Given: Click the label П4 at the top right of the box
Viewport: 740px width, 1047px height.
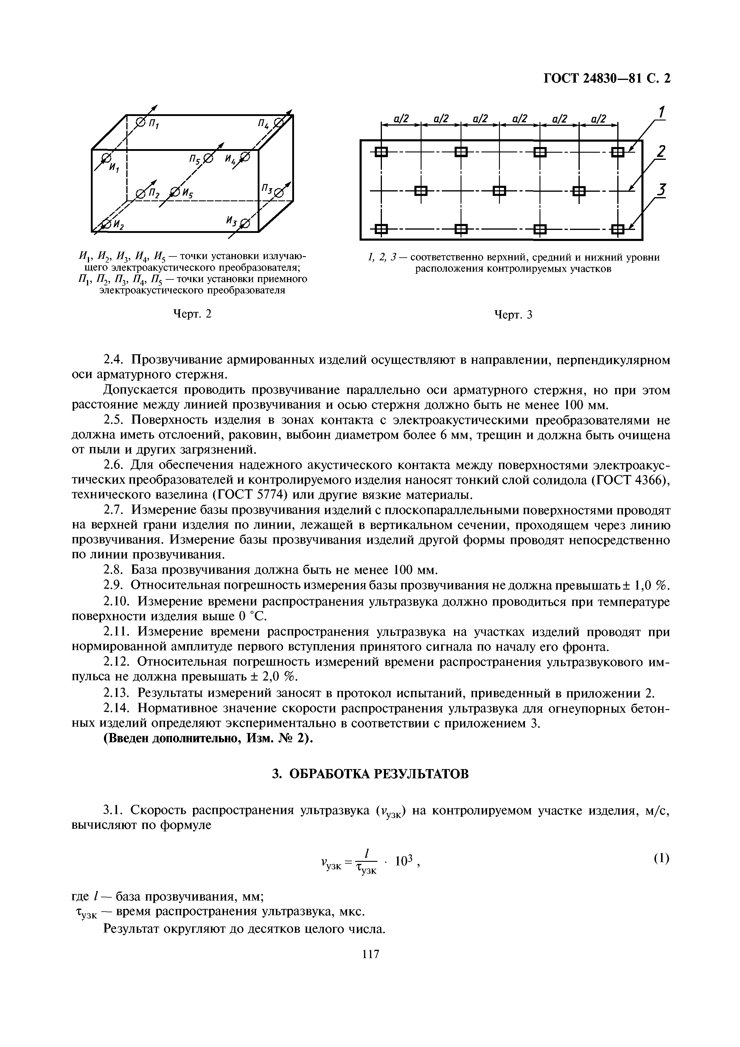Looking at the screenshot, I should tap(265, 123).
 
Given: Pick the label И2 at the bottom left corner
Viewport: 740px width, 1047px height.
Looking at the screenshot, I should tap(119, 224).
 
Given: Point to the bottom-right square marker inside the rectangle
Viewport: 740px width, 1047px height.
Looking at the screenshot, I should tap(618, 229).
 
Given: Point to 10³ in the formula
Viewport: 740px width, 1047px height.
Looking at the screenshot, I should tap(404, 861).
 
